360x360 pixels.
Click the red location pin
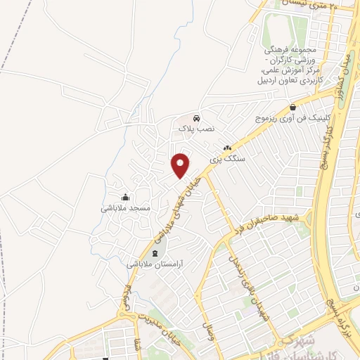point(181,165)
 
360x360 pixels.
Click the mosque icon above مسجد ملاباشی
point(125,197)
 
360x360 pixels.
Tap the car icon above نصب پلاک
point(195,117)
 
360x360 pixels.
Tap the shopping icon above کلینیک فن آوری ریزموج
point(292,107)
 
